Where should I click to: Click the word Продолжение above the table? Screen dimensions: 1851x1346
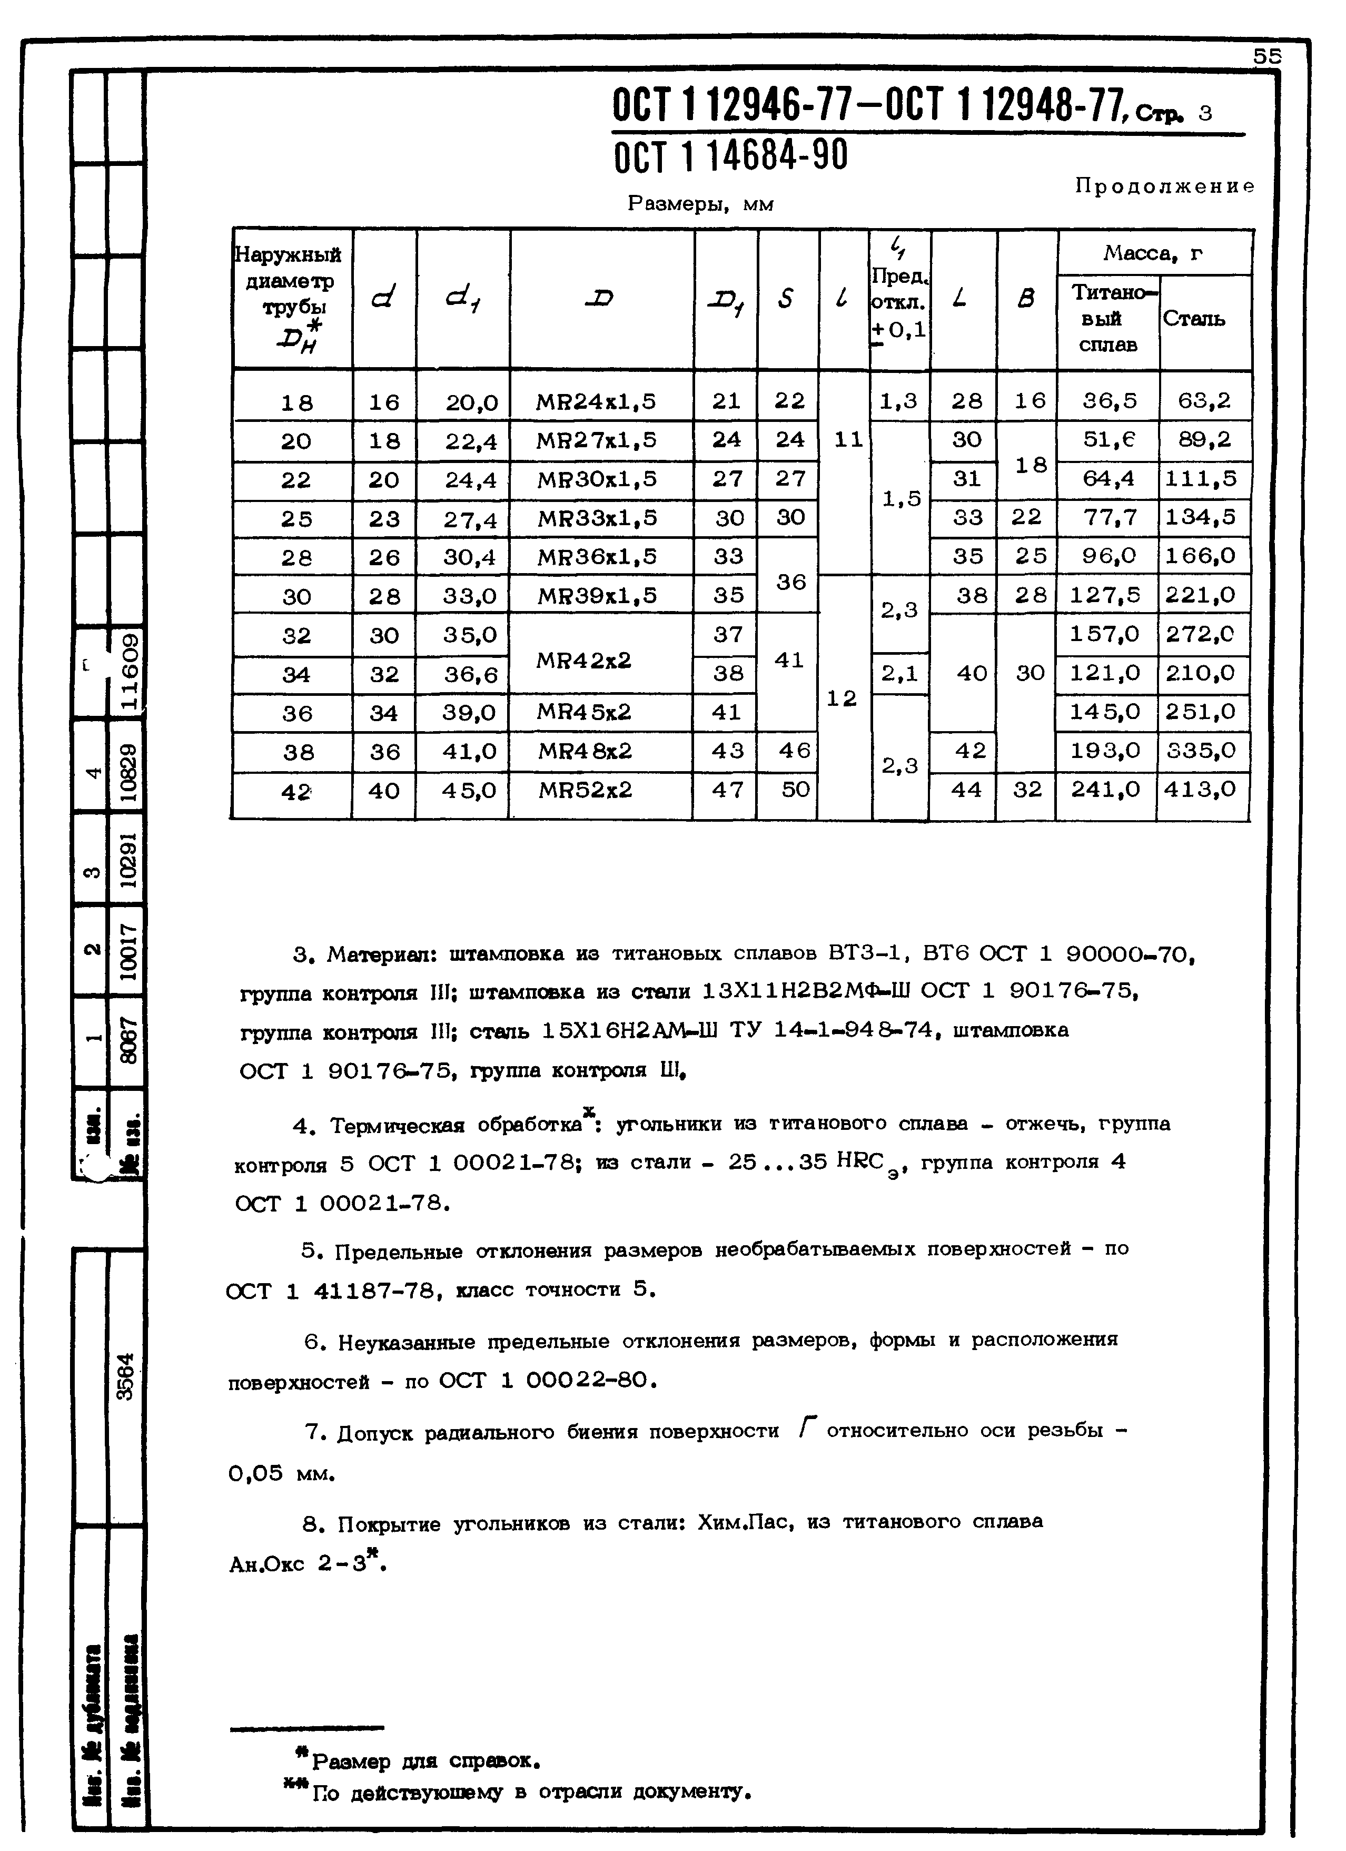click(1164, 186)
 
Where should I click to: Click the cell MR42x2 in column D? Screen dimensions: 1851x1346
click(583, 660)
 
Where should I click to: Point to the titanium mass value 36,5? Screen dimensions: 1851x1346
click(1110, 401)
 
